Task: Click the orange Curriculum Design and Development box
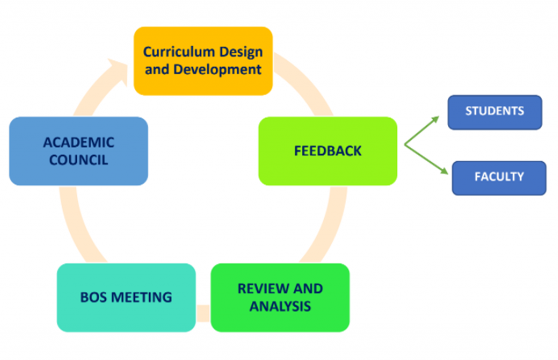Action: (203, 61)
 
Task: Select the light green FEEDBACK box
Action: (327, 151)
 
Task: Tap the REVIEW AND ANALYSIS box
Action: (280, 297)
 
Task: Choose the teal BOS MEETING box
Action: (126, 297)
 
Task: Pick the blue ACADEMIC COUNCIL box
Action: (78, 151)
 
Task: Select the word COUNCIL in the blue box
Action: (78, 160)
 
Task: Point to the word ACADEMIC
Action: (78, 143)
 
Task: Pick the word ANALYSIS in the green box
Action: (280, 306)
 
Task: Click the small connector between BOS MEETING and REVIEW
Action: (203, 313)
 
